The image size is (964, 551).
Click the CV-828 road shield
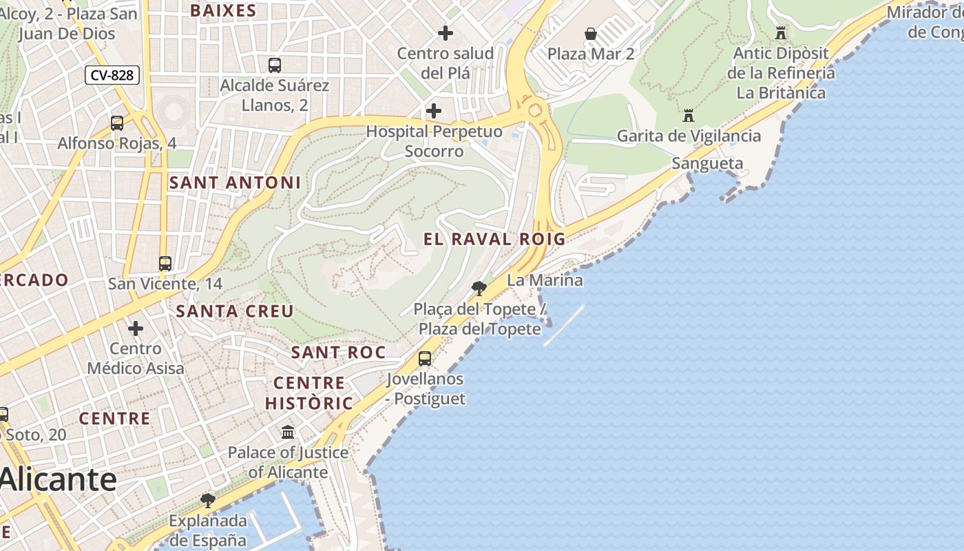point(112,75)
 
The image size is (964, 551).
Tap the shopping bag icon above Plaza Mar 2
point(590,34)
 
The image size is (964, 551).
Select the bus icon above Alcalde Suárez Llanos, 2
point(275,65)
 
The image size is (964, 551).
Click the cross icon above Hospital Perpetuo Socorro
point(434,111)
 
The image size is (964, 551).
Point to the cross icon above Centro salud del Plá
point(446,32)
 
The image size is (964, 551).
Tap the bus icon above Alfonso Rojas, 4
point(117,123)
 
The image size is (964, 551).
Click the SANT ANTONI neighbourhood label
point(235,183)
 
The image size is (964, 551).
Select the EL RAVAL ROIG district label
point(494,239)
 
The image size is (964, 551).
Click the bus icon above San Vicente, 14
point(165,263)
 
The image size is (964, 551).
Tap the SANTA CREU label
point(235,311)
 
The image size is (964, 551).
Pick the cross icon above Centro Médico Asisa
point(136,329)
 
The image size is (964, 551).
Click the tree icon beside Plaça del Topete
point(479,289)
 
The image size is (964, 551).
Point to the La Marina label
point(545,280)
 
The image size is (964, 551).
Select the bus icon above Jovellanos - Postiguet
point(425,359)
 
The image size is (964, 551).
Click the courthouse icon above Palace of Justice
point(288,433)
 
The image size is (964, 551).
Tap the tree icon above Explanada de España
point(208,500)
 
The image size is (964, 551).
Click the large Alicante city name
point(58,479)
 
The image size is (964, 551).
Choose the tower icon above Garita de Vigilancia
point(689,116)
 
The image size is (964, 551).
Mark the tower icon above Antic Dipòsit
point(781,32)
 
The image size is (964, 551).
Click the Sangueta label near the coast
point(707,163)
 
